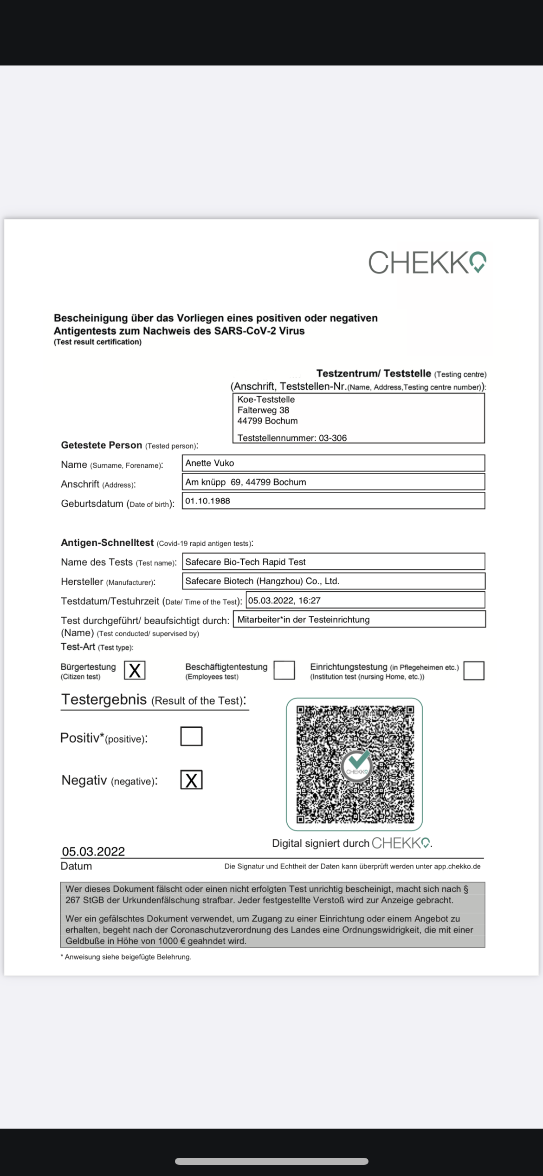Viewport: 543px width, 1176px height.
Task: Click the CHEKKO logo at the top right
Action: [x=427, y=262]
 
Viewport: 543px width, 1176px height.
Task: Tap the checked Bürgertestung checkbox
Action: [x=135, y=670]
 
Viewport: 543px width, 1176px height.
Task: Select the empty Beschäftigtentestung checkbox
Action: [x=284, y=670]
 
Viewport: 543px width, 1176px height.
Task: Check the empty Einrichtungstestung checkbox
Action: [x=473, y=671]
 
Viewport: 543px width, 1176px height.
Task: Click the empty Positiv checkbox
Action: [x=191, y=736]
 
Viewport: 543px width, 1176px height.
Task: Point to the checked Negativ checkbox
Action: [x=191, y=780]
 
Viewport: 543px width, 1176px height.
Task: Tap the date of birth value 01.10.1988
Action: [x=208, y=501]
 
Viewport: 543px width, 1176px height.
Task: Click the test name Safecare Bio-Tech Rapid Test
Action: [x=246, y=562]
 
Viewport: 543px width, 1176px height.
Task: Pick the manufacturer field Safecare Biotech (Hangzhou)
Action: [x=262, y=581]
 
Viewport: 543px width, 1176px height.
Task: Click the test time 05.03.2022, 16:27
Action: [x=284, y=601]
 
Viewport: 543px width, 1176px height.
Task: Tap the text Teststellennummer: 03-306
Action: [x=292, y=438]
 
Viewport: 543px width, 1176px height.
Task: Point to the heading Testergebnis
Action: [x=104, y=699]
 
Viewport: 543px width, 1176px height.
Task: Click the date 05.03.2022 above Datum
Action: [x=93, y=851]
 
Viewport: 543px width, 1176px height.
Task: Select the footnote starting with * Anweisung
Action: [x=126, y=957]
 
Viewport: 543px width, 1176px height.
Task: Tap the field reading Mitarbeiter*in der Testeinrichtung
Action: [x=304, y=620]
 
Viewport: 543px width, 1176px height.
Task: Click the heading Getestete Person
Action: [x=102, y=445]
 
